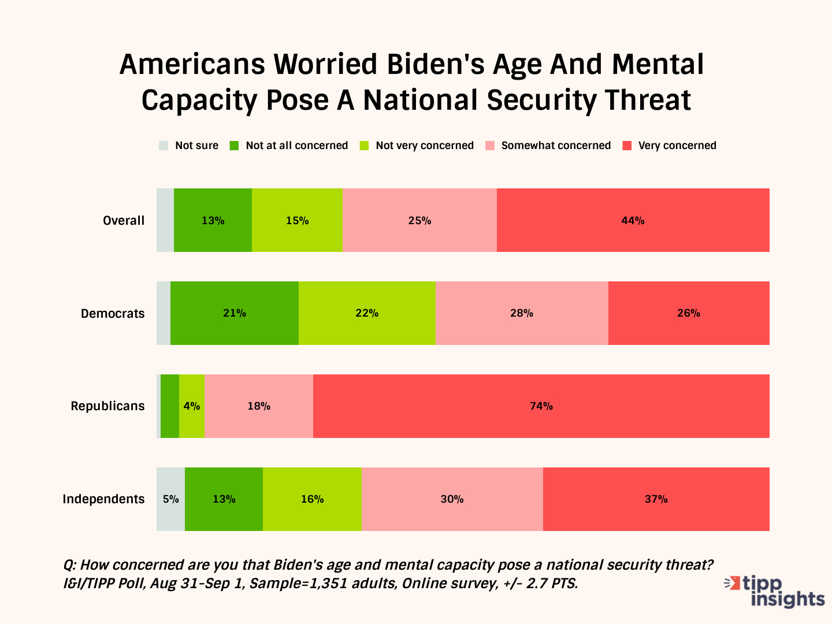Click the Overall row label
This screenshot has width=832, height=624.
click(x=123, y=221)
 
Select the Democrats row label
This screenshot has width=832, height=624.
click(x=113, y=314)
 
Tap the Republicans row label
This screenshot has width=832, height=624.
click(x=107, y=406)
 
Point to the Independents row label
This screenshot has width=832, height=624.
click(x=103, y=499)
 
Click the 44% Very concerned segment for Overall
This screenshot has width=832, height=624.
click(x=633, y=220)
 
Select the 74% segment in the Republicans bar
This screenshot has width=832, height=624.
click(x=541, y=406)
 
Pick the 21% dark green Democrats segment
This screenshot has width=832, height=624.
click(x=235, y=313)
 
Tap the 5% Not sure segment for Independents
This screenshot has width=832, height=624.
click(x=170, y=499)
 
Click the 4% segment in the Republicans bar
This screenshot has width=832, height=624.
click(x=192, y=406)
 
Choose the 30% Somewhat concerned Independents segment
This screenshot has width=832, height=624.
click(x=452, y=499)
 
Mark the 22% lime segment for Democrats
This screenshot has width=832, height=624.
click(x=367, y=313)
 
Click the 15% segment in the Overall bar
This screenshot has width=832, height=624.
click(x=297, y=220)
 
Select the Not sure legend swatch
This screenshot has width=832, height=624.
click(x=164, y=146)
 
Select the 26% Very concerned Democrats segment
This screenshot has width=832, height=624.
click(x=689, y=313)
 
